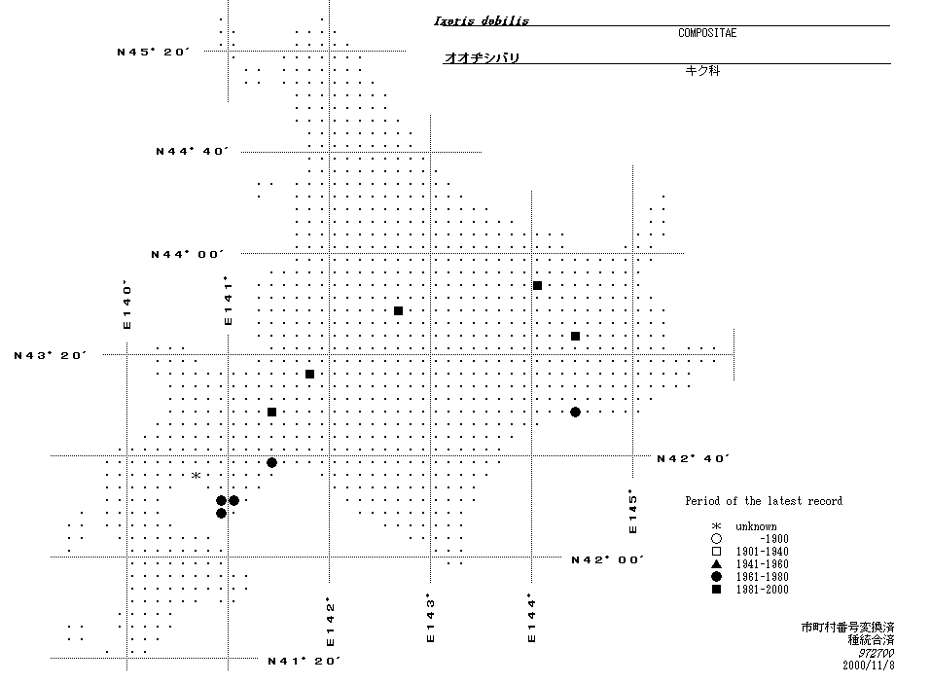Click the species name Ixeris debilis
tap(482, 20)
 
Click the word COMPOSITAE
tap(707, 33)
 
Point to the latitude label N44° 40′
tap(192, 151)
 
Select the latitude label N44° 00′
tap(188, 254)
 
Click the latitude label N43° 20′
tap(51, 355)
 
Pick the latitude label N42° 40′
tap(693, 458)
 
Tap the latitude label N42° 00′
tap(607, 559)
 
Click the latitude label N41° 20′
tap(304, 661)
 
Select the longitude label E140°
tap(126, 305)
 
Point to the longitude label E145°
tap(632, 512)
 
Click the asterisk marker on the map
tap(196, 476)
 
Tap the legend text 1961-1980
tap(762, 577)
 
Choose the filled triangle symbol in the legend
tap(716, 564)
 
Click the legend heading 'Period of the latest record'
tap(764, 501)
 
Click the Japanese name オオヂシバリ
tap(482, 58)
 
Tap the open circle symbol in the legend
tap(716, 539)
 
